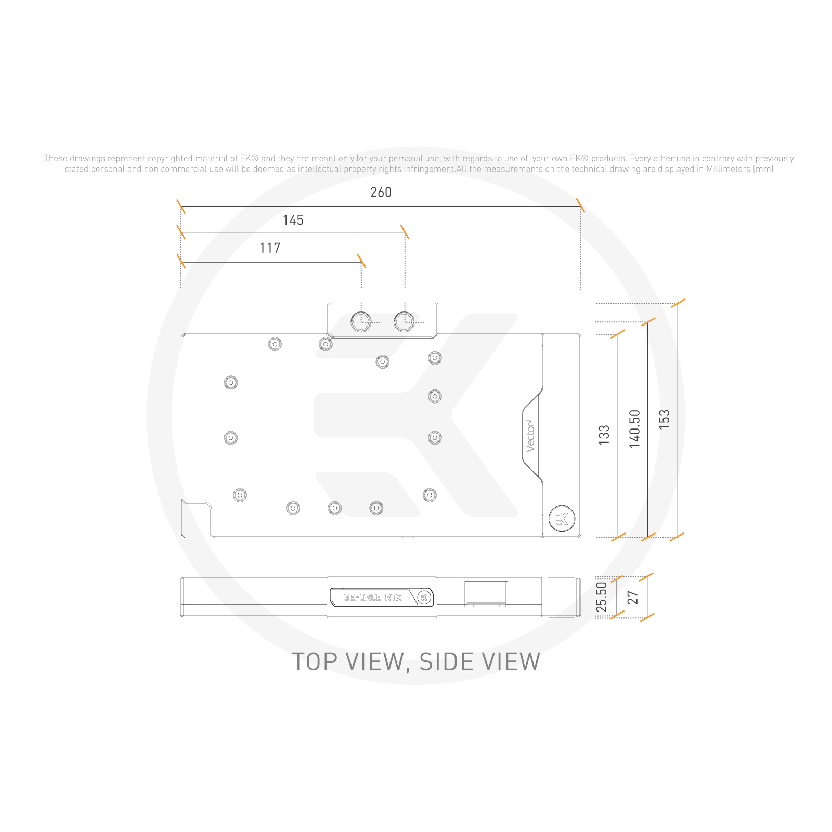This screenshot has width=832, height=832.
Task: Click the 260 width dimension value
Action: pyautogui.click(x=381, y=192)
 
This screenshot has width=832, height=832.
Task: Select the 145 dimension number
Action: pyautogui.click(x=293, y=220)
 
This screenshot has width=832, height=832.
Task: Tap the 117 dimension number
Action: pyautogui.click(x=270, y=249)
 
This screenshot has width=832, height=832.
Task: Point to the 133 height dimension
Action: pyautogui.click(x=604, y=435)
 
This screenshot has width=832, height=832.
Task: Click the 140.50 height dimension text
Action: pyautogui.click(x=635, y=428)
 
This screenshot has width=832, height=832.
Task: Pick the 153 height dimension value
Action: pyautogui.click(x=664, y=419)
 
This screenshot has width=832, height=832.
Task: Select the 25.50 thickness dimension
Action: pyautogui.click(x=602, y=597)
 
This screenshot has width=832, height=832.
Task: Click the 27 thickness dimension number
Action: pyautogui.click(x=633, y=597)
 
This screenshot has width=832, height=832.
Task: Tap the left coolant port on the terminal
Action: pyautogui.click(x=361, y=321)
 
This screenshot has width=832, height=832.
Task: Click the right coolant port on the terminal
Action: pyautogui.click(x=404, y=321)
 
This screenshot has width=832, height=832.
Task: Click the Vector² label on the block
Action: pyautogui.click(x=530, y=436)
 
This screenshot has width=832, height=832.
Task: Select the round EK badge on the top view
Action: pyautogui.click(x=562, y=518)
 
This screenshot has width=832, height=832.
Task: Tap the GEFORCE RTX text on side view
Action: pyautogui.click(x=372, y=597)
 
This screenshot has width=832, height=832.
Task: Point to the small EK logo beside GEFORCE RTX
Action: pyautogui.click(x=424, y=597)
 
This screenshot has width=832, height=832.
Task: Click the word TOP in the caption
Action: pyautogui.click(x=314, y=662)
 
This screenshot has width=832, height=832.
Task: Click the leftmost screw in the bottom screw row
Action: pyautogui.click(x=240, y=495)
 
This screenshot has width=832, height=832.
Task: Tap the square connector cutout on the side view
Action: pyautogui.click(x=486, y=594)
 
